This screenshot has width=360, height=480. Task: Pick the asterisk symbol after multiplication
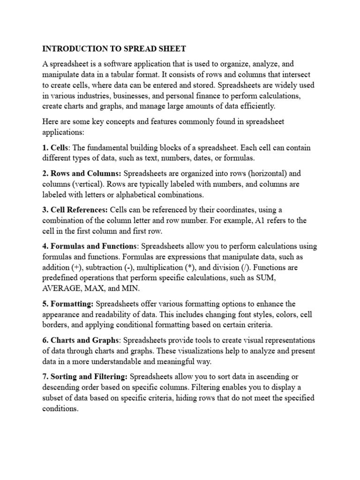click(x=192, y=268)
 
